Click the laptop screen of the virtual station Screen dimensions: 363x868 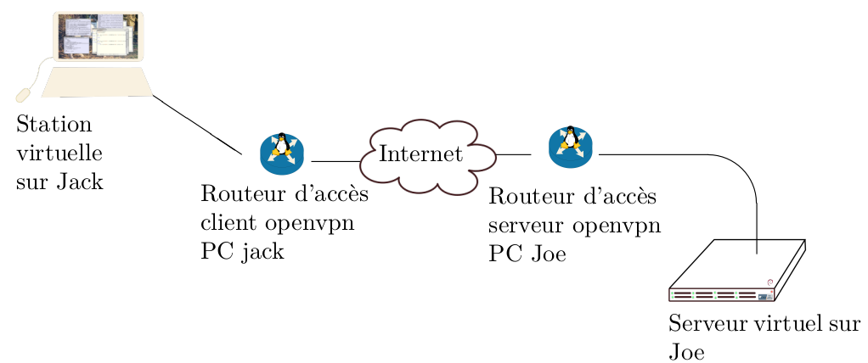click(x=97, y=36)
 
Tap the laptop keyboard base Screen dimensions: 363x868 click(x=97, y=82)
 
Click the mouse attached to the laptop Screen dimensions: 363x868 click(x=23, y=93)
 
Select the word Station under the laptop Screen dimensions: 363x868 click(x=54, y=126)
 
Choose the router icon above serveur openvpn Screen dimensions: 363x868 click(x=571, y=147)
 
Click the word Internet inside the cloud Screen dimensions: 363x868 click(x=420, y=154)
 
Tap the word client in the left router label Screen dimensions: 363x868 click(x=228, y=224)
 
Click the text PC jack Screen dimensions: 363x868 click(x=242, y=252)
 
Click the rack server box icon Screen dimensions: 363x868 click(x=737, y=271)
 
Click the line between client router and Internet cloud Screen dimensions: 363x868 click(x=335, y=160)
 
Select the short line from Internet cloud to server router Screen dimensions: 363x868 click(x=513, y=155)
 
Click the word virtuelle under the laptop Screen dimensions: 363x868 click(x=59, y=154)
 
